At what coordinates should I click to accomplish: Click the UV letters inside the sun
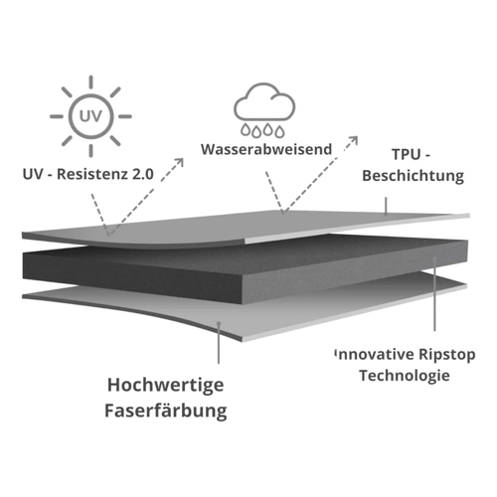pos(90,116)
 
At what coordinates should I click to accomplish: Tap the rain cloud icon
pos(264,109)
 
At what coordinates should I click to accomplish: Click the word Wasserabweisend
pos(266,149)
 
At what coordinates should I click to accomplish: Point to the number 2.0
pos(143,174)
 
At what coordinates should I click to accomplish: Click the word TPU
pos(406,154)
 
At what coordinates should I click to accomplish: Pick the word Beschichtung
pos(413,176)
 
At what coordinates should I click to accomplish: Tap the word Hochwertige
pos(166,386)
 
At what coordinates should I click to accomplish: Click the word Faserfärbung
pos(166,411)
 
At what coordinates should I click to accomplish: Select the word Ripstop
pos(447,355)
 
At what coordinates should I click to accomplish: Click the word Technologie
pos(405,376)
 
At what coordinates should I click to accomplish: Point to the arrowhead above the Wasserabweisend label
pos(353,140)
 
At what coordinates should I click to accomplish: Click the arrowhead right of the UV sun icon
pos(179,163)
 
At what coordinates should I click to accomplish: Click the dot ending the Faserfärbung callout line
pos(219,324)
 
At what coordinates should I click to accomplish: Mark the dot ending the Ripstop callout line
pos(434,259)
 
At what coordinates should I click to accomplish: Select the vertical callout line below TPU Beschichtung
pos(386,206)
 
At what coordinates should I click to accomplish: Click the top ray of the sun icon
pos(90,83)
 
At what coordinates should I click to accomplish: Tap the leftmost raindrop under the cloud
pos(246,130)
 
